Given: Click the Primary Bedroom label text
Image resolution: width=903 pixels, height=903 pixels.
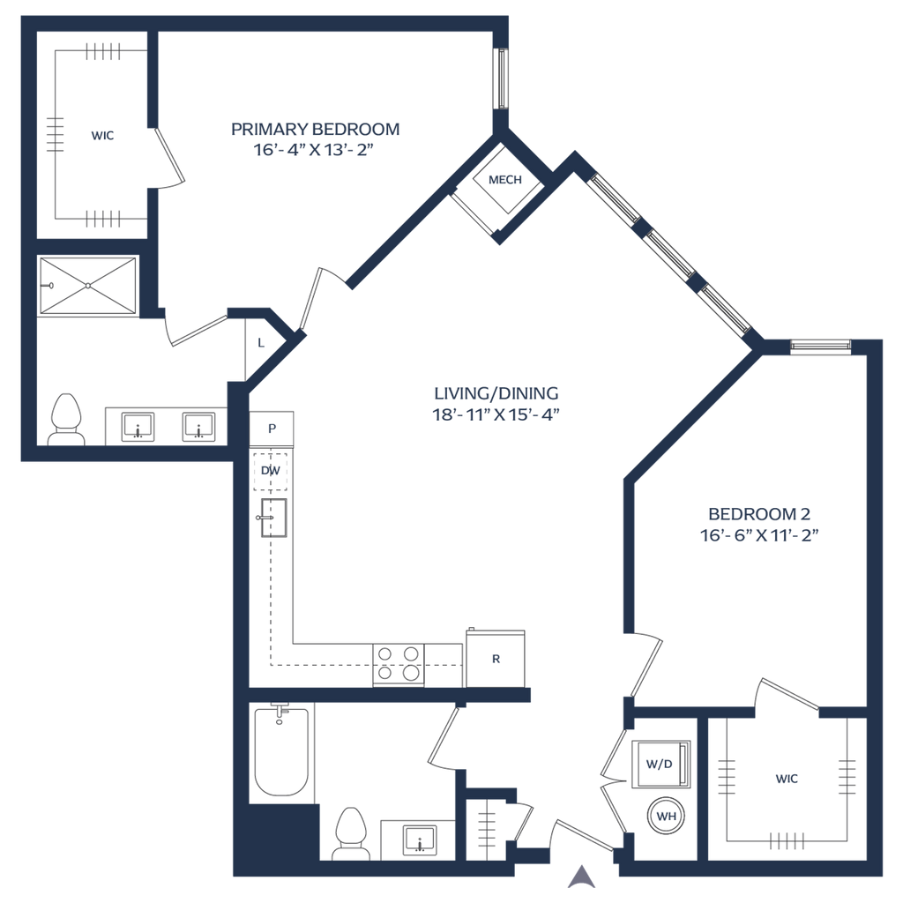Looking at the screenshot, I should pyautogui.click(x=315, y=129).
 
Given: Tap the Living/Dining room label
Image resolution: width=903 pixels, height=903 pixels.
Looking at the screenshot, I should pyautogui.click(x=496, y=393).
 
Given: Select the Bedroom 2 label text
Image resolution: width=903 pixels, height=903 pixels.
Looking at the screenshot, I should pyautogui.click(x=759, y=512).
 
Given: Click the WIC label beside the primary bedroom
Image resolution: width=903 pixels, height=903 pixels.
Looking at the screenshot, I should pyautogui.click(x=103, y=137).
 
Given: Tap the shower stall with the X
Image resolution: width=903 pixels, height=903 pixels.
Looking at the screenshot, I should pyautogui.click(x=89, y=285).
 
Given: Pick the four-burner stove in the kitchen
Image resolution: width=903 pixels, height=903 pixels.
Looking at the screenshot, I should pyautogui.click(x=399, y=663).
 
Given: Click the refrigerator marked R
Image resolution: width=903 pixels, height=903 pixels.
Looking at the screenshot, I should pyautogui.click(x=496, y=658).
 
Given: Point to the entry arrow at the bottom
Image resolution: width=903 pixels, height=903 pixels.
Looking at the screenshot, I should pyautogui.click(x=579, y=875).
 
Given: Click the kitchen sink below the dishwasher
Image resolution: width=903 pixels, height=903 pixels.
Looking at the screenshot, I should pyautogui.click(x=270, y=517).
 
